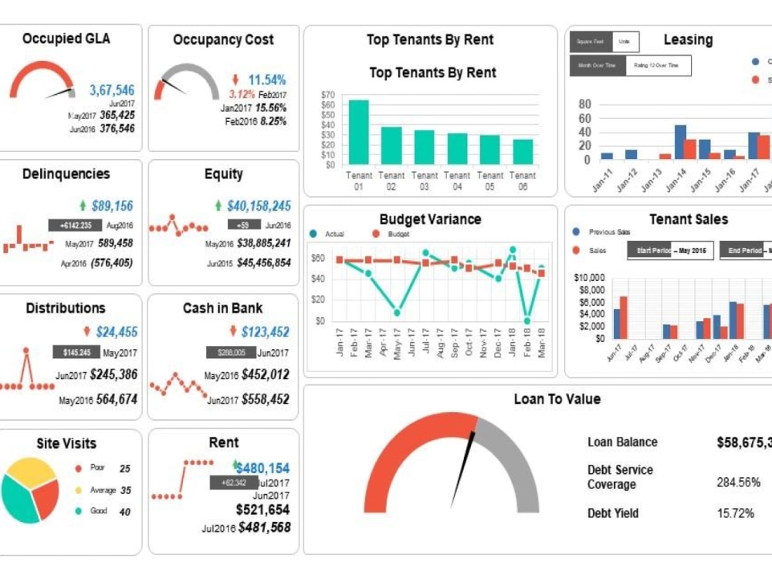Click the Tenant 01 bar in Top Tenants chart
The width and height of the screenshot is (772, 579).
pos(358,131)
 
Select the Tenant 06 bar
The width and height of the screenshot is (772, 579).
pos(523,151)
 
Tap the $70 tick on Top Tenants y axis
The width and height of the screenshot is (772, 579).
pos(327,94)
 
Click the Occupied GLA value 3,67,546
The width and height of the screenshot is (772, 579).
pos(111,90)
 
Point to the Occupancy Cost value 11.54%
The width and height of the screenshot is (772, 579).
pos(266,80)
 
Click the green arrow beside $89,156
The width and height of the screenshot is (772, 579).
pos(83,205)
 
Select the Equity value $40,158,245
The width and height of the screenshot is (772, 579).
pos(259,206)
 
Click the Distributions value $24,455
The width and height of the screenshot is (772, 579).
pos(117,332)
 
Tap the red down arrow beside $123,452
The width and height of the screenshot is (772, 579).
pos(233,331)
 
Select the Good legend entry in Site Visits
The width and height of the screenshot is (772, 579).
pos(98,511)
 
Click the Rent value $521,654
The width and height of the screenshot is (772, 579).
pos(262,510)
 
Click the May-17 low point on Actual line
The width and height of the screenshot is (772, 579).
pos(397,313)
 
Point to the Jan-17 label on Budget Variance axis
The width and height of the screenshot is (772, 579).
pos(340,341)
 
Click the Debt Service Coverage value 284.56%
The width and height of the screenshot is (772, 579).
pos(738,482)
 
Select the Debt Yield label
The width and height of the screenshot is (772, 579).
pos(613,513)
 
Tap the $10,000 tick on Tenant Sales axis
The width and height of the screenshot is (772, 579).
pos(591,278)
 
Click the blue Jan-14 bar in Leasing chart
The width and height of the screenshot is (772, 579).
pos(680,142)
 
